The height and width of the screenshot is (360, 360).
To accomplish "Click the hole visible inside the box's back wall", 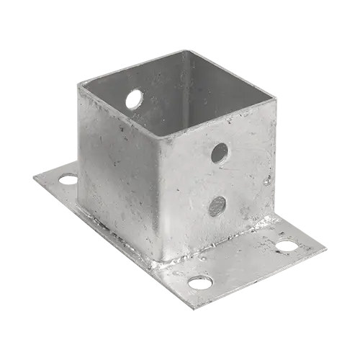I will [134, 98].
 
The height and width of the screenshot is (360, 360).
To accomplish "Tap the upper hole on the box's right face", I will [220, 153].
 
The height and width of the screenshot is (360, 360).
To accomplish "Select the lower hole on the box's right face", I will [217, 207].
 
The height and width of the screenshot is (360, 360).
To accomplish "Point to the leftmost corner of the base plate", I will [30, 176].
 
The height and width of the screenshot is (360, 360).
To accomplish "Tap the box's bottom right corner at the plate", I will [273, 219].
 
